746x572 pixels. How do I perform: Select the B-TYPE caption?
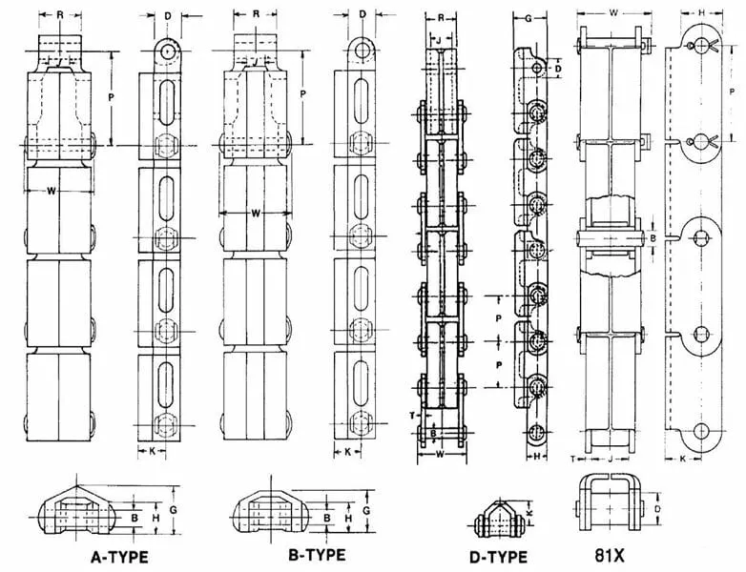318,555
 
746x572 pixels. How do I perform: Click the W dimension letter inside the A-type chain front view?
51,191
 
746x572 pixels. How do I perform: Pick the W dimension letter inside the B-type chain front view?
256,213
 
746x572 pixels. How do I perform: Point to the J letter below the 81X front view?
610,459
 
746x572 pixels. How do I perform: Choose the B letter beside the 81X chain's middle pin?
653,236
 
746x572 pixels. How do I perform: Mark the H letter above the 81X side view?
701,13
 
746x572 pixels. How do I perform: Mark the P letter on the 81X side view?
731,92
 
